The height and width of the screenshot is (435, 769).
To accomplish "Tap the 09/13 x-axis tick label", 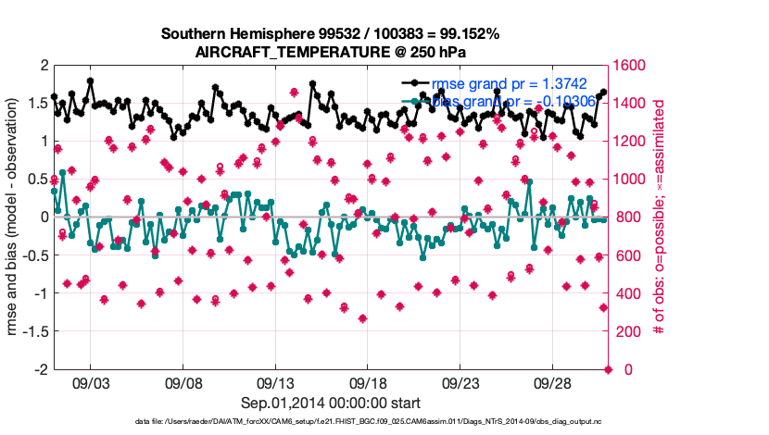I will tap(275, 381).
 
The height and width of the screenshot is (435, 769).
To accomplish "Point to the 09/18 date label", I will tap(368, 381).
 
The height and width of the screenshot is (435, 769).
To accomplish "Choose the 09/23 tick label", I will tap(460, 381).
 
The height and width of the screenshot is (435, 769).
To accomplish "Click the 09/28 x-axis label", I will tap(553, 381).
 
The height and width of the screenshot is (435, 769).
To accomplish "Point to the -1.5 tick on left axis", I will tap(36, 330).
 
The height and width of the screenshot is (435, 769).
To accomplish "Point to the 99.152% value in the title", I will tap(467, 34).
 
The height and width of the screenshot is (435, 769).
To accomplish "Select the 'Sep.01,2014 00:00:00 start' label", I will tap(331, 403).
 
